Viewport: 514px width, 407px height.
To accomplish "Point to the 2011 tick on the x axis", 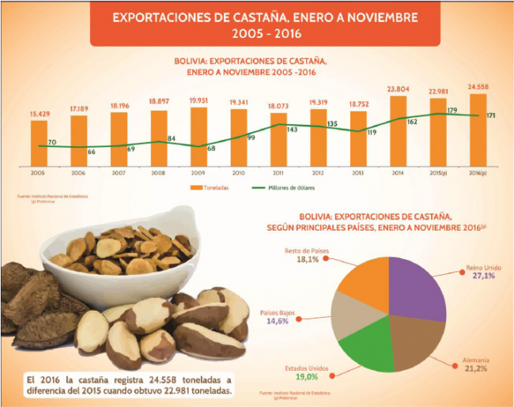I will (x=278, y=171).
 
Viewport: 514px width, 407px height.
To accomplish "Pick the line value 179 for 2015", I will (x=451, y=110).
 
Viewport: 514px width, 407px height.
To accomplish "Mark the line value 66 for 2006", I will (x=91, y=152).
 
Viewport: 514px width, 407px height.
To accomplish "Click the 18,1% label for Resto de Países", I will (x=307, y=259).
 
